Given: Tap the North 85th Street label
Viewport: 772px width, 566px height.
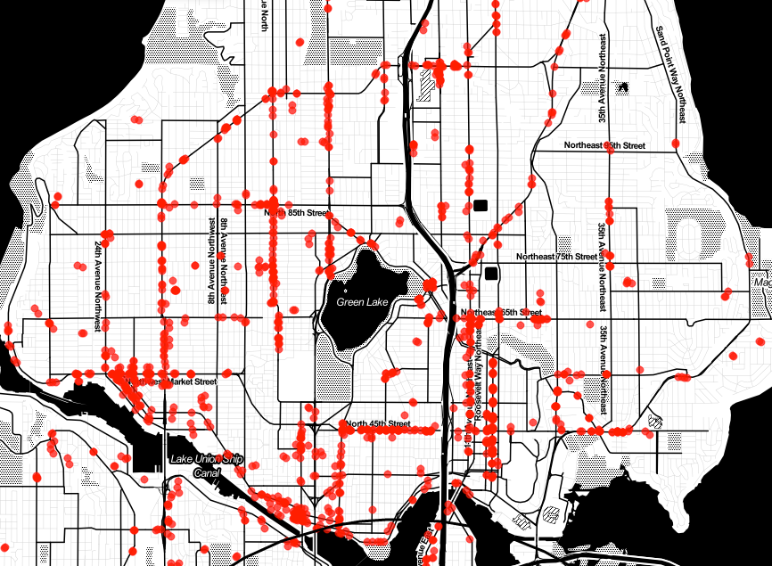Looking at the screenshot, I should tap(298, 213).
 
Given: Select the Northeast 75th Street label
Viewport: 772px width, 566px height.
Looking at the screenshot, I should tap(556, 257).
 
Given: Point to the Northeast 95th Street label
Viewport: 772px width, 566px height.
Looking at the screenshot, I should tap(604, 144).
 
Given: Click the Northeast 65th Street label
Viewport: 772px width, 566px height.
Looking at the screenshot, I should tap(501, 313).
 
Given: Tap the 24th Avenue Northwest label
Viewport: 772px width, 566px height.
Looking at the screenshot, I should tap(96, 285).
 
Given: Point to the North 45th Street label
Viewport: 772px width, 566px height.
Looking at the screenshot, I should tap(379, 423).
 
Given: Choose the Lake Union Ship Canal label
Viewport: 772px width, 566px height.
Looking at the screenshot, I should tap(205, 465).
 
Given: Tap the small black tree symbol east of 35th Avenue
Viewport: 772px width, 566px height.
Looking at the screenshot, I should tap(622, 86).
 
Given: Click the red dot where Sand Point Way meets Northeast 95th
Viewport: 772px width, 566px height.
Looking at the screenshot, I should tap(676, 144).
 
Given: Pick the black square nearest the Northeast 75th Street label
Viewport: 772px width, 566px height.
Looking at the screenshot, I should tap(489, 273).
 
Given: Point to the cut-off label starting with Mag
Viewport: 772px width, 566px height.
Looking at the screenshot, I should tap(762, 283).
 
